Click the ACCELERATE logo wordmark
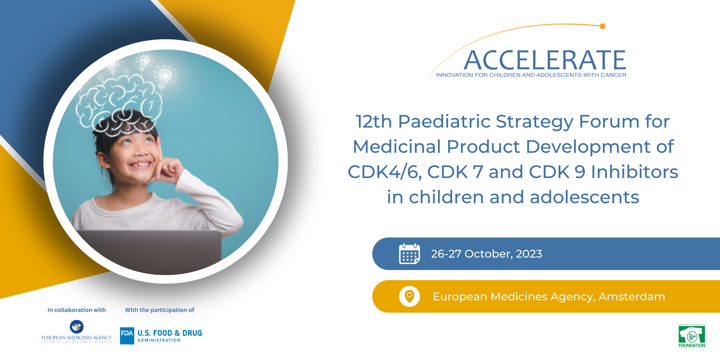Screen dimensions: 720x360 (x=545, y=60)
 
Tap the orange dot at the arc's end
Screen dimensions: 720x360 (x=603, y=26)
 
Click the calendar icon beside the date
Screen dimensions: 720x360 (x=409, y=254)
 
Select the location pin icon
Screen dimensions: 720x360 (x=409, y=296)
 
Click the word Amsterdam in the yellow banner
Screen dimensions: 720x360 (x=632, y=297)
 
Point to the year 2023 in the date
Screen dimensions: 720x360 (x=529, y=254)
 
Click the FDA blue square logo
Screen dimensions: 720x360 (x=127, y=336)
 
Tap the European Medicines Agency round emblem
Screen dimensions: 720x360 (x=77, y=327)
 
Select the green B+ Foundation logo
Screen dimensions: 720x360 (x=692, y=336)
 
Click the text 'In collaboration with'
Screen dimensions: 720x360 (x=76, y=310)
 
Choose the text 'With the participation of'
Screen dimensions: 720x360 (x=160, y=310)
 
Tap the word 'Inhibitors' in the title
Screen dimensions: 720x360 (x=634, y=172)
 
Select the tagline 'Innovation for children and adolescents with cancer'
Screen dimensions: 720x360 (x=531, y=75)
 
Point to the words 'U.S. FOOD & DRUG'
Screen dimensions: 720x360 (x=169, y=333)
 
